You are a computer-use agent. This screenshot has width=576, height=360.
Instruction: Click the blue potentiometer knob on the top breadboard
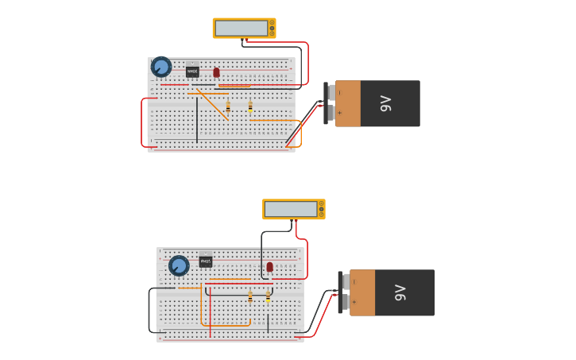(161, 67)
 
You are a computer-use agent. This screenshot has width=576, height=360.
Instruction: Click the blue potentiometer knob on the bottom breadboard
(179, 265)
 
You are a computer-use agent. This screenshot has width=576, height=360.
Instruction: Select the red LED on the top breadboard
(216, 72)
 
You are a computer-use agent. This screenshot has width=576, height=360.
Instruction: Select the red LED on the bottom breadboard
(270, 267)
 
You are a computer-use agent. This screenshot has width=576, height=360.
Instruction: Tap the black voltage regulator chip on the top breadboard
(192, 71)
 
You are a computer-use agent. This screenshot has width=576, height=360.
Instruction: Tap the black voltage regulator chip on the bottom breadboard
(206, 261)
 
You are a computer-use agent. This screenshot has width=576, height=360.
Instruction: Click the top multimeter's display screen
(241, 28)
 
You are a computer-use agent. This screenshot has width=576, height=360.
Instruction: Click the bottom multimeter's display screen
(291, 209)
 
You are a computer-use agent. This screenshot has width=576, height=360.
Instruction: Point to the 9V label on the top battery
(386, 103)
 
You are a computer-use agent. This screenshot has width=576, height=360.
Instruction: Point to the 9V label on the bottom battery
(400, 292)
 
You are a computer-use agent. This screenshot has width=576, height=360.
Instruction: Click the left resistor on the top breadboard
(228, 106)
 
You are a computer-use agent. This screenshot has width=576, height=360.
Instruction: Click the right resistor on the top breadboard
(250, 106)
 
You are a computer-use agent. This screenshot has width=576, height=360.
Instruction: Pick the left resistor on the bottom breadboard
(250, 297)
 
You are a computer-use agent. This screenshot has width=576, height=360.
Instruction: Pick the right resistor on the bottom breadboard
(269, 296)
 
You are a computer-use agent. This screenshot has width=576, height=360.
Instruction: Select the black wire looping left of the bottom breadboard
(149, 310)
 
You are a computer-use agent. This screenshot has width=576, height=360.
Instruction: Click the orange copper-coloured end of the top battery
(348, 103)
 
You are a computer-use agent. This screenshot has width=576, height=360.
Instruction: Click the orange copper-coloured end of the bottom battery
(362, 292)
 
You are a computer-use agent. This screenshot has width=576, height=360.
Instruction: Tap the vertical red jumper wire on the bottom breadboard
(211, 310)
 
